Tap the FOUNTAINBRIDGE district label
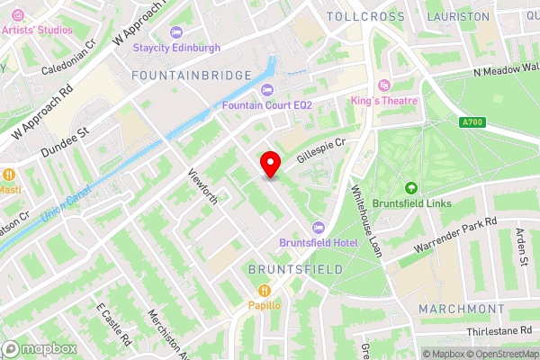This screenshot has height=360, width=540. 191,75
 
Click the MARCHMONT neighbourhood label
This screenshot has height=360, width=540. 462,309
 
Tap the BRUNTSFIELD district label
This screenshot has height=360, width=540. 296,268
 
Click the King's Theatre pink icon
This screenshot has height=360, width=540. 384,85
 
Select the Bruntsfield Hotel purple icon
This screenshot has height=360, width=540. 317,228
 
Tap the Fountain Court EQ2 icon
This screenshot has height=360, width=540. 267,90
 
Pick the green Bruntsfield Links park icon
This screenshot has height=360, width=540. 412,188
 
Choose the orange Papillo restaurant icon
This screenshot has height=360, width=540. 265,290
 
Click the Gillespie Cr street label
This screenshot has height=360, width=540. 321,150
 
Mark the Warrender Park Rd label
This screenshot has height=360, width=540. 454,235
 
